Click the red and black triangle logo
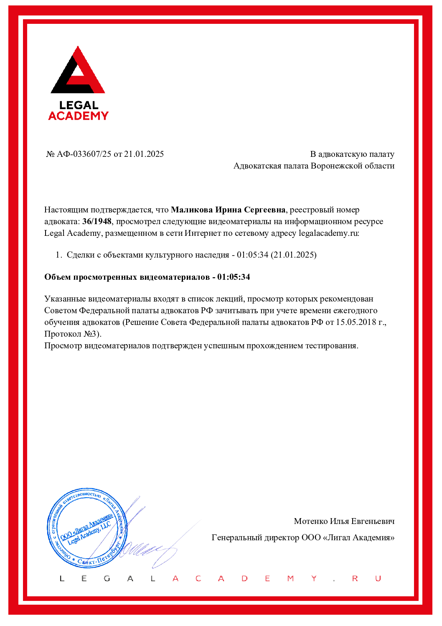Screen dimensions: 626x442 (78, 71)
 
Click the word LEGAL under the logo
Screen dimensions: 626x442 (79, 105)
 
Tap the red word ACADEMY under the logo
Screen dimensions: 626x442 (78, 116)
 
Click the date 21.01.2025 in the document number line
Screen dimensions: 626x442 (144, 154)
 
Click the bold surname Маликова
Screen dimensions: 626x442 (192, 210)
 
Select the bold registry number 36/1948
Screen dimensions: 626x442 (97, 221)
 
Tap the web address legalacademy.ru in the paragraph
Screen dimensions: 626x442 (328, 233)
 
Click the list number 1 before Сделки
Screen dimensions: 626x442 (58, 255)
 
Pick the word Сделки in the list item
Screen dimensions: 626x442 (81, 255)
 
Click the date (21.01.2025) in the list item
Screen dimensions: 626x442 (294, 255)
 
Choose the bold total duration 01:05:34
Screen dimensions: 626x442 (234, 277)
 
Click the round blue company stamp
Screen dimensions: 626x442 (87, 528)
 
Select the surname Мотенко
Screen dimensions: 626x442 (311, 521)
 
